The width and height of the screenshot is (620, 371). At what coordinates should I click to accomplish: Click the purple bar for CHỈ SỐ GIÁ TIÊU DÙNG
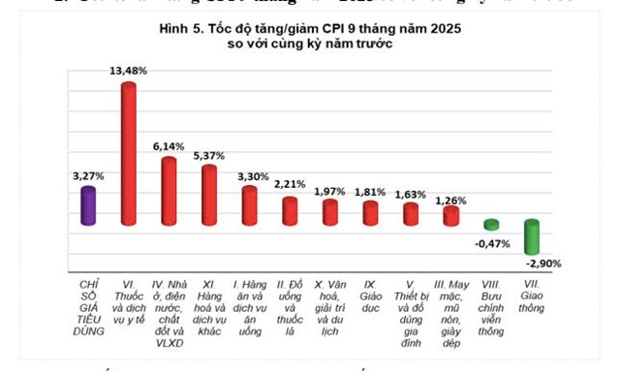pyautogui.click(x=88, y=205)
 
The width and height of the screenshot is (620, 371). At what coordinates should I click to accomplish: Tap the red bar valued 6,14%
pyautogui.click(x=169, y=190)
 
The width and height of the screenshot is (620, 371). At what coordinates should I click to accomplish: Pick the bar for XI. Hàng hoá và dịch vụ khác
pyautogui.click(x=209, y=195)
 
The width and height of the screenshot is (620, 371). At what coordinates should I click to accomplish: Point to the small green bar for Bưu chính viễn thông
pyautogui.click(x=491, y=224)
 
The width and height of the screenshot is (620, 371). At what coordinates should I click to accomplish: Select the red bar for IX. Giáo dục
pyautogui.click(x=370, y=212)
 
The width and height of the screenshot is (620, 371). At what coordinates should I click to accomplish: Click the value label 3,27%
pyautogui.click(x=88, y=176)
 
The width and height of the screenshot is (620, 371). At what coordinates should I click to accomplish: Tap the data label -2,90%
pyautogui.click(x=542, y=263)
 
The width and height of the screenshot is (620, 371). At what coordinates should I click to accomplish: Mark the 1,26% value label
pyautogui.click(x=452, y=201)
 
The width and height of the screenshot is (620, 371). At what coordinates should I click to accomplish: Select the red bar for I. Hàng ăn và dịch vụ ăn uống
pyautogui.click(x=249, y=203)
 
